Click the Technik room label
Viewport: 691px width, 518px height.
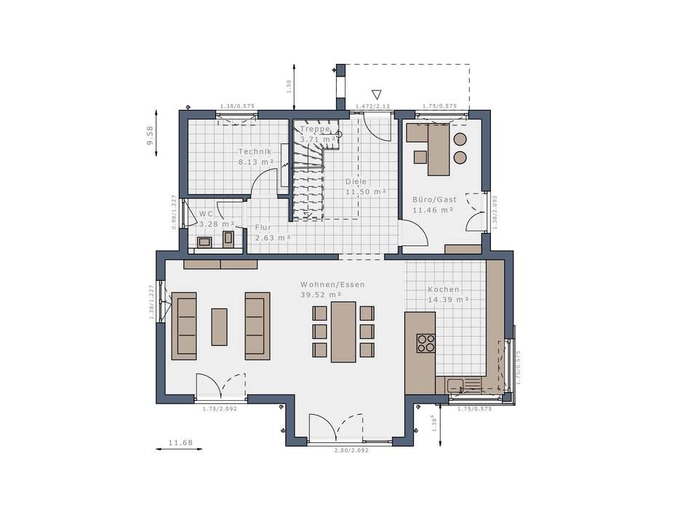click(255, 151)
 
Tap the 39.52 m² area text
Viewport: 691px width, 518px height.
click(321, 295)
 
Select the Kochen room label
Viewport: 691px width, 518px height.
click(443, 289)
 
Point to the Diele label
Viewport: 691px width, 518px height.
click(356, 181)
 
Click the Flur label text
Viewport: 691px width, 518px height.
click(263, 227)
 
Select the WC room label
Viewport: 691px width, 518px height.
click(206, 214)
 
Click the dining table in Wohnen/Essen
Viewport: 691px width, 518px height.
click(343, 331)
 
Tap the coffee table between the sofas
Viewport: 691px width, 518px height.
click(219, 327)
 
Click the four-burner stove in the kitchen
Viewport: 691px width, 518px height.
click(426, 343)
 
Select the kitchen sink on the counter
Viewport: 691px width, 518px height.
click(457, 386)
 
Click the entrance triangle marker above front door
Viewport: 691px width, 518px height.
click(377, 94)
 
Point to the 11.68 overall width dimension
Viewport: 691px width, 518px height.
click(180, 442)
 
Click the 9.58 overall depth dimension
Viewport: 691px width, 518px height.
click(150, 136)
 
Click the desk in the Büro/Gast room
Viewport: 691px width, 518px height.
click(437, 148)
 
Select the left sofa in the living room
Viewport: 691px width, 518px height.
click(184, 327)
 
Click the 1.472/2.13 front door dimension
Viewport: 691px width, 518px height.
click(372, 106)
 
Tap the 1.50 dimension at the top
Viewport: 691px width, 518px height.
click(288, 86)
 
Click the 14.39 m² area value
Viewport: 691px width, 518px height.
click(447, 299)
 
